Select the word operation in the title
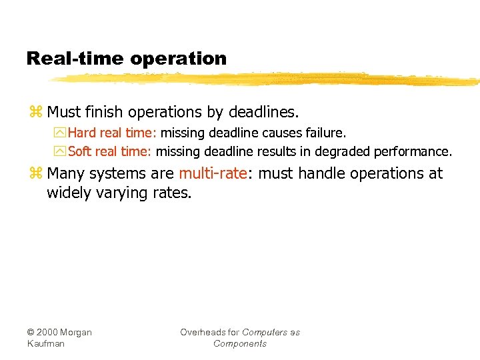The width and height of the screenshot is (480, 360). [179, 59]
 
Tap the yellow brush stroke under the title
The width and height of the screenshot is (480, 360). [267, 79]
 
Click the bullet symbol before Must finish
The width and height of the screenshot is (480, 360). [35, 111]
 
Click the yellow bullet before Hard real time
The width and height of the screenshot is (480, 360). [60, 133]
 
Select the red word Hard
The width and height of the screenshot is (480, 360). [82, 133]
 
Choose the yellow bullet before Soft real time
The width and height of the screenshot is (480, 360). [60, 151]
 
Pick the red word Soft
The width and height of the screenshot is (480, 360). [80, 151]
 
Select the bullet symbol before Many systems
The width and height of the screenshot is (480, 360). [35, 174]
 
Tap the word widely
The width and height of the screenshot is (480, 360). [67, 193]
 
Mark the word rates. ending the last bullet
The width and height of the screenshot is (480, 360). [173, 193]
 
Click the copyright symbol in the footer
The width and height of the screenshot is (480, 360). [31, 333]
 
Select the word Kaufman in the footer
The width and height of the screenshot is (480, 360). [45, 344]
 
